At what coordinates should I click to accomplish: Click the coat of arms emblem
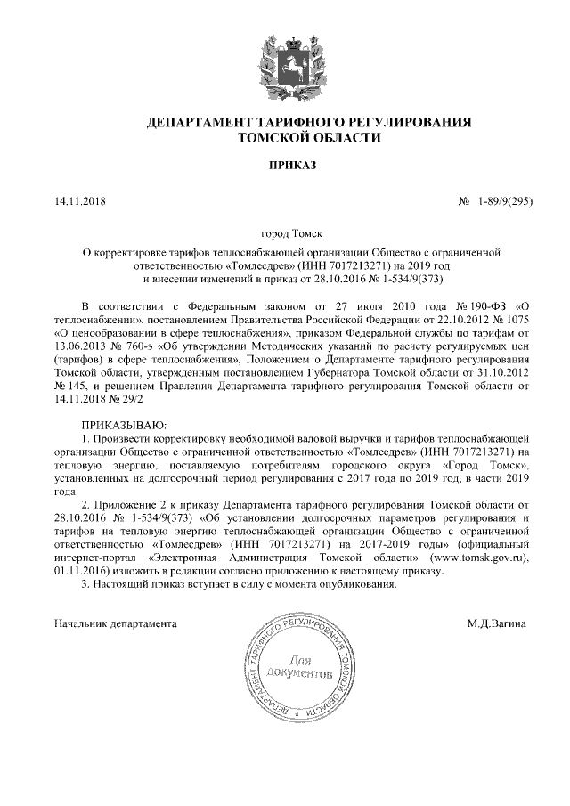pos(284,65)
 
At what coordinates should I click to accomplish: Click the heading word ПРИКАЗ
pos(284,165)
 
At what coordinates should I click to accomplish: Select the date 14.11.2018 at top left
pos(80,202)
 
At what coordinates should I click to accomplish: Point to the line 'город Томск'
pos(284,233)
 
